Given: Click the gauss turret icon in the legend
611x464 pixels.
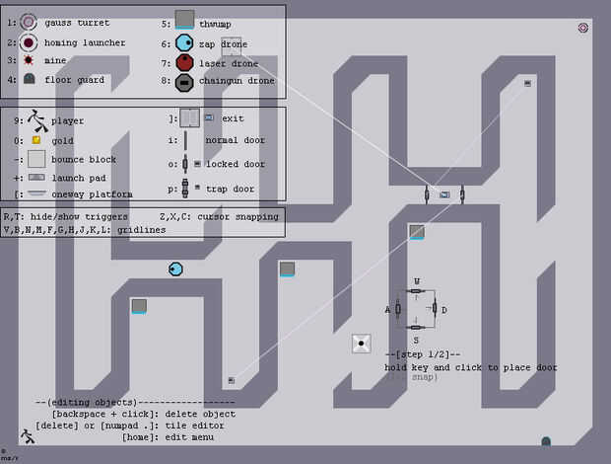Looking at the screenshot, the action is pyautogui.click(x=29, y=22).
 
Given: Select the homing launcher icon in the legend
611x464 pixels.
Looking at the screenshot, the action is pyautogui.click(x=30, y=42).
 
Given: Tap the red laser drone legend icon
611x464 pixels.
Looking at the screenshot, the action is pyautogui.click(x=184, y=62).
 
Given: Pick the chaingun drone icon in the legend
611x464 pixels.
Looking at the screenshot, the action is pyautogui.click(x=184, y=81).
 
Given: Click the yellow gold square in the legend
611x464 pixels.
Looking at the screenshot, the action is pyautogui.click(x=35, y=140).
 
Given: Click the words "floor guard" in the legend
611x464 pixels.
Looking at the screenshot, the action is pyautogui.click(x=75, y=80).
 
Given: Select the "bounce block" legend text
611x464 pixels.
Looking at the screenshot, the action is pyautogui.click(x=84, y=159).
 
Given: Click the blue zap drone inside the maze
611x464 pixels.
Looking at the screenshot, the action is pyautogui.click(x=175, y=269).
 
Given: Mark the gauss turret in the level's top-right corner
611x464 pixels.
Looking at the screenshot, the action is pyautogui.click(x=582, y=28).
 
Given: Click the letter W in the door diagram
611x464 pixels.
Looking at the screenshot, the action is pyautogui.click(x=416, y=280).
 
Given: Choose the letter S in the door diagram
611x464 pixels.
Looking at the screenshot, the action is pyautogui.click(x=416, y=339).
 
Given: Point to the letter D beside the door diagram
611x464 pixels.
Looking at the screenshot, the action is pyautogui.click(x=444, y=310).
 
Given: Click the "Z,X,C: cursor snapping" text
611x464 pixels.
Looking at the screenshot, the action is pyautogui.click(x=219, y=216).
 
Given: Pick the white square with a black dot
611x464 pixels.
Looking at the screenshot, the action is pyautogui.click(x=362, y=344).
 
